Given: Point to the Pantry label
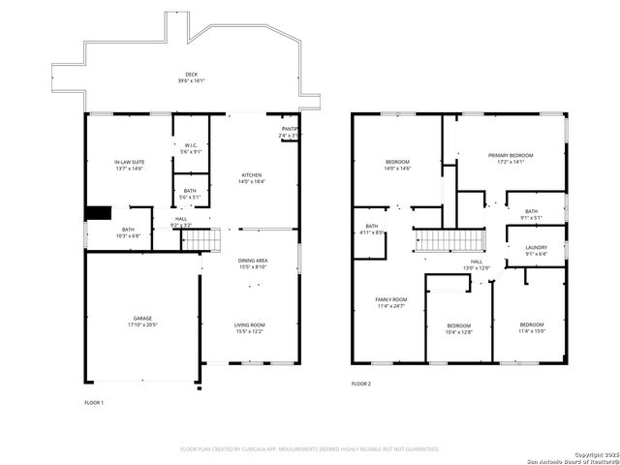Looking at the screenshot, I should point(289,132).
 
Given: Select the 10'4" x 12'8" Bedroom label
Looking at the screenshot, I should point(458,328).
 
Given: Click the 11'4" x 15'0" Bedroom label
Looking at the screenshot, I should point(531,327).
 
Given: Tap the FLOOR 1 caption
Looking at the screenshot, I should point(94,401).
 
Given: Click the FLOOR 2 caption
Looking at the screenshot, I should point(361,385).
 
